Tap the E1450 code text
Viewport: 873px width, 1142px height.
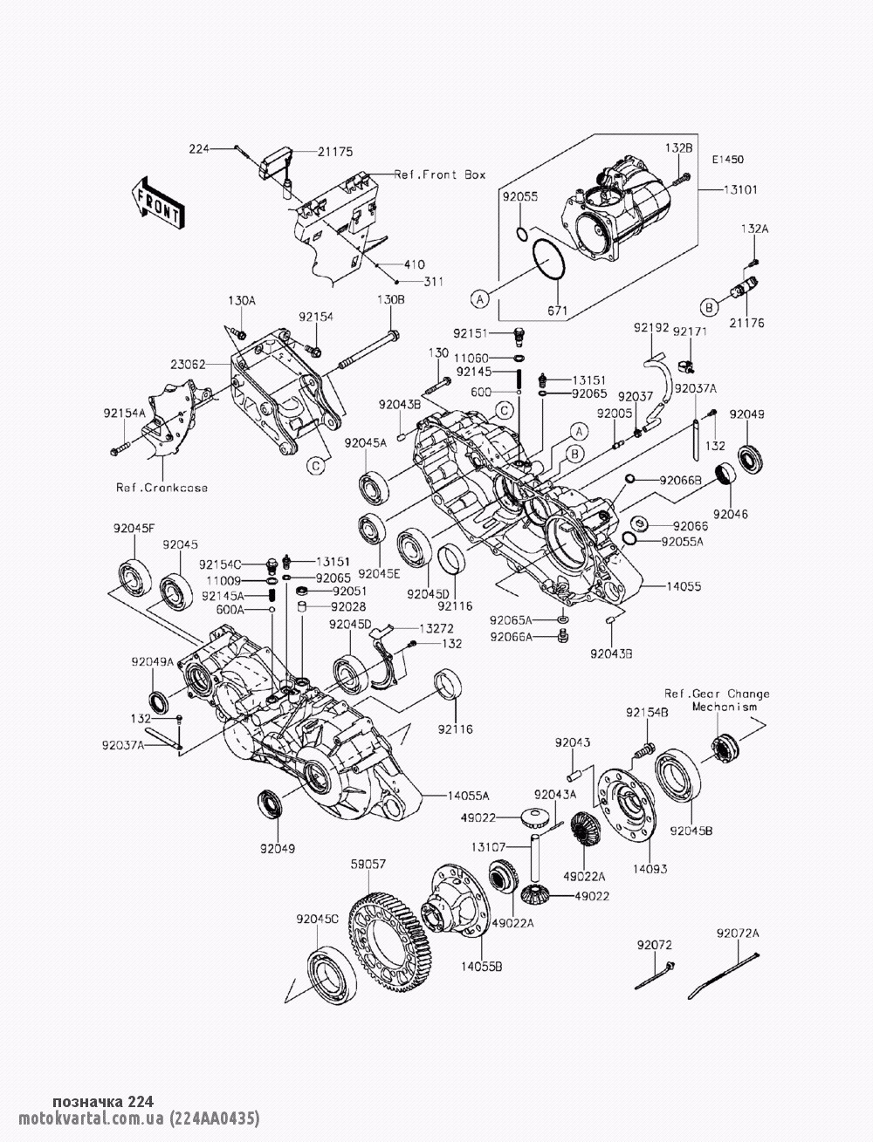[727, 161]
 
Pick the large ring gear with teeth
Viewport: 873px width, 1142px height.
[389, 928]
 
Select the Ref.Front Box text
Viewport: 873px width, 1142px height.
[439, 174]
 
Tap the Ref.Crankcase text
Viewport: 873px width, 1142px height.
[162, 488]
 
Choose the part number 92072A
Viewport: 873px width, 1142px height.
[739, 933]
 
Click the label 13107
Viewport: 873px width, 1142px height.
[488, 846]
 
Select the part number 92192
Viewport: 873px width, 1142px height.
[651, 327]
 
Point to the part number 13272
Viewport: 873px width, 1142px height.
[437, 627]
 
